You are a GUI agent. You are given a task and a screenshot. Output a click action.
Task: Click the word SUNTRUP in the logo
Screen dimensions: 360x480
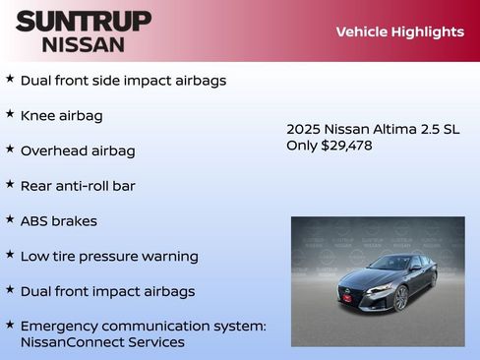pyautogui.click(x=84, y=21)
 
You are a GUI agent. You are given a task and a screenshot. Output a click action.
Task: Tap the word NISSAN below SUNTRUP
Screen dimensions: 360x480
pyautogui.click(x=84, y=44)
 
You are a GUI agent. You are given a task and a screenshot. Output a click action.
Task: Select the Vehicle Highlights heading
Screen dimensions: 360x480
pyautogui.click(x=399, y=31)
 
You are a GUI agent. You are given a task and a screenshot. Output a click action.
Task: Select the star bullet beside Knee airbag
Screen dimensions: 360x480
pyautogui.click(x=10, y=114)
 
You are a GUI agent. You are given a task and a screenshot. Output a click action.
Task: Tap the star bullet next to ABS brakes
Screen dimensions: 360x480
pyautogui.click(x=10, y=219)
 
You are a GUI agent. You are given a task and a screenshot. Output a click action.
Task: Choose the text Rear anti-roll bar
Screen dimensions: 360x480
pyautogui.click(x=78, y=186)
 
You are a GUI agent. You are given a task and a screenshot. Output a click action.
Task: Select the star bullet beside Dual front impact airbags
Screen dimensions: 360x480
pyautogui.click(x=10, y=290)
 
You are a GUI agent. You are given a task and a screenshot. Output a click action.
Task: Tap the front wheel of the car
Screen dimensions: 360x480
pyautogui.click(x=400, y=298)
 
